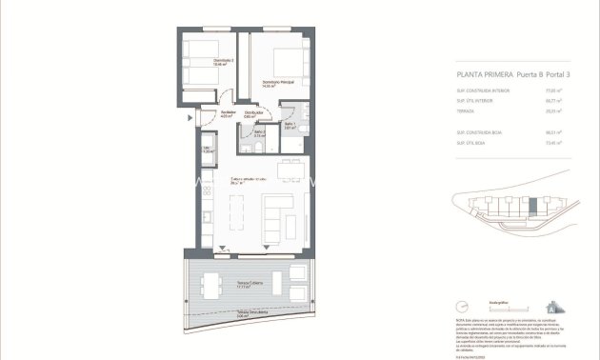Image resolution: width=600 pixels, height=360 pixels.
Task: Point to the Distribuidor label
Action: (252, 116)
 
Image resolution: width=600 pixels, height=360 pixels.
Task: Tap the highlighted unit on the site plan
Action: (532, 205)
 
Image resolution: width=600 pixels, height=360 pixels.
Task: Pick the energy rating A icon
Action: (551, 308)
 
